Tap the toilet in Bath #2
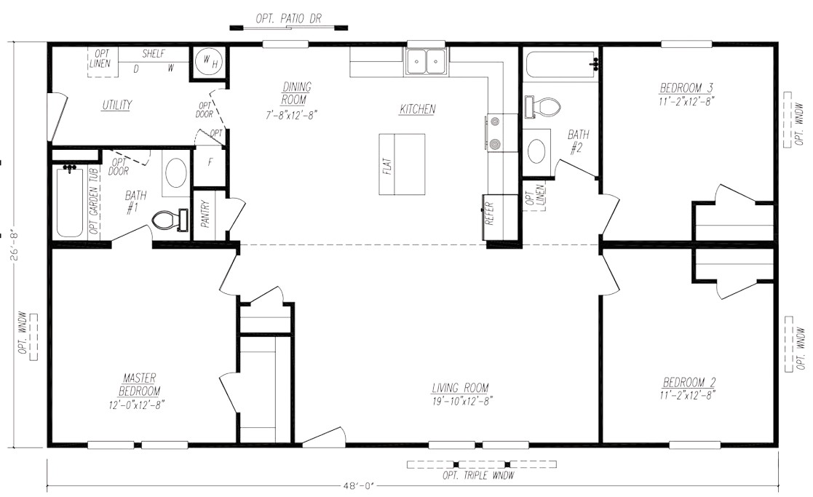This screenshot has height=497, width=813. tap(542, 107)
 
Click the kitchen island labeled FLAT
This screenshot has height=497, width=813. tap(402, 164)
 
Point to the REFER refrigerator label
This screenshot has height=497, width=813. tap(489, 212)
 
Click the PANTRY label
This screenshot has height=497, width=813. tap(205, 213)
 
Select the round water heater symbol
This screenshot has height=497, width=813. tap(209, 62)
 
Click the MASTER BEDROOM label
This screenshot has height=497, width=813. tap(138, 384)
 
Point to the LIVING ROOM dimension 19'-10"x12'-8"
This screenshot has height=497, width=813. tap(462, 401)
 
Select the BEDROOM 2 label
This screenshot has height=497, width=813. tap(689, 383)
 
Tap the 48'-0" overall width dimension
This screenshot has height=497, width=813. tap(358, 486)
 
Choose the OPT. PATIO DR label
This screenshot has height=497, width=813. tap(288, 19)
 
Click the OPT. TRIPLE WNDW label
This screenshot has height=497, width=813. tap(478, 475)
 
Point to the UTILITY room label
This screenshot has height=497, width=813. tap(116, 105)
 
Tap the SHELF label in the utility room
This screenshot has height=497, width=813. tap(154, 53)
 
